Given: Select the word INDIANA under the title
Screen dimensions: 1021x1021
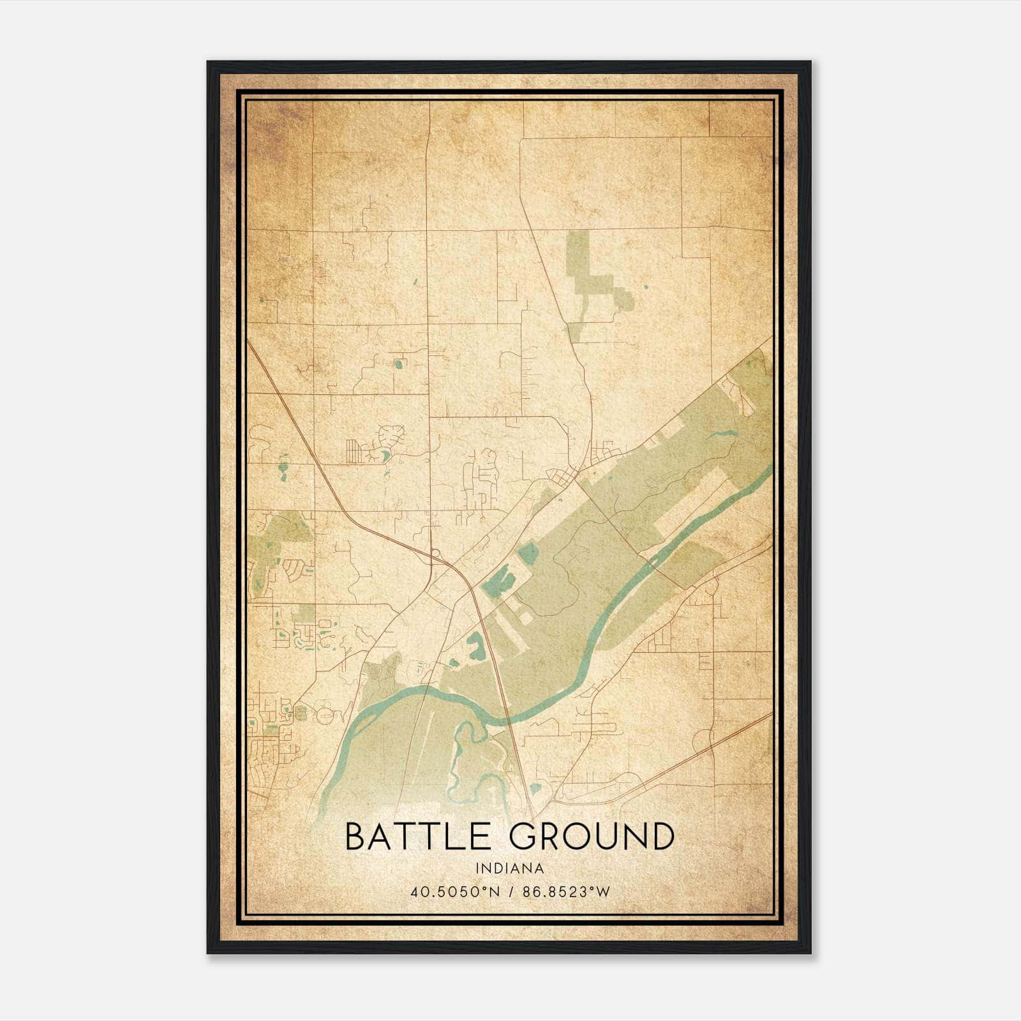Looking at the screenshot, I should tap(509, 868).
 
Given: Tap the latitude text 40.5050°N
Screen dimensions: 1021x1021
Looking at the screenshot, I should tap(454, 891).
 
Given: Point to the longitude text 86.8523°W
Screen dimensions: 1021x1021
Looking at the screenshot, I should tap(566, 891).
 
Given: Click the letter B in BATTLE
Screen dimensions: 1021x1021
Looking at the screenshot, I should tap(355, 837).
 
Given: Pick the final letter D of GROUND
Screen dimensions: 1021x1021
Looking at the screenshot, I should tap(662, 837).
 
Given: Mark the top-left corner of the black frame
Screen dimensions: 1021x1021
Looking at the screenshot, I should tap(207, 62).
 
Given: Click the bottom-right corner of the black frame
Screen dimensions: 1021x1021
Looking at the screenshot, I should tap(810, 953).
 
